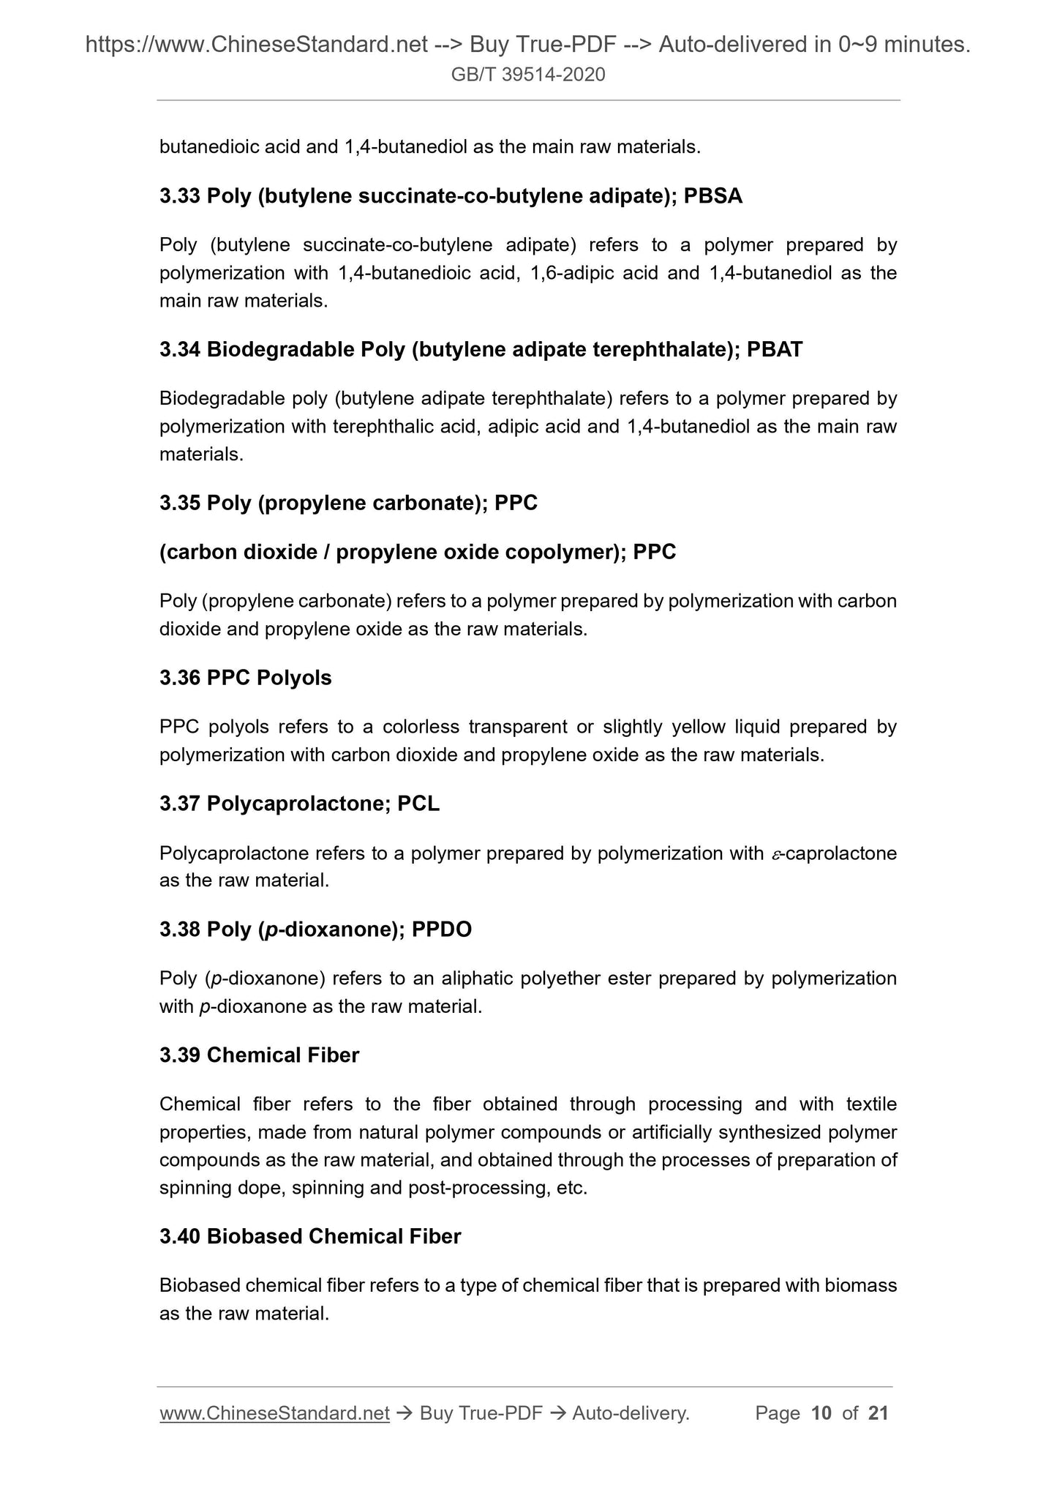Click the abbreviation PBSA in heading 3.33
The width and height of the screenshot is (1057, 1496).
[x=712, y=196]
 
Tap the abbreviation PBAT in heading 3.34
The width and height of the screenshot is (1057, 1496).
[x=774, y=350]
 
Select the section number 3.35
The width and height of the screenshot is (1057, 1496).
[x=180, y=504]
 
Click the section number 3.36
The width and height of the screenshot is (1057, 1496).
[x=180, y=678]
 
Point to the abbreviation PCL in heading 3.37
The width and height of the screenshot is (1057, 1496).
[x=418, y=804]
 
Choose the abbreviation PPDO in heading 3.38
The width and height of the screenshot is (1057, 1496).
[x=442, y=930]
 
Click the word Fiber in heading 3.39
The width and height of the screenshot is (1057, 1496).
[x=334, y=1055]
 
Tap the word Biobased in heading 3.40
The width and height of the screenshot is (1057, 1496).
[x=255, y=1237]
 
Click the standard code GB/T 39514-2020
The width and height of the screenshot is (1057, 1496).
[x=528, y=75]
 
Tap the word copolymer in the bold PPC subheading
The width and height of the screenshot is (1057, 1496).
[x=563, y=553]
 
